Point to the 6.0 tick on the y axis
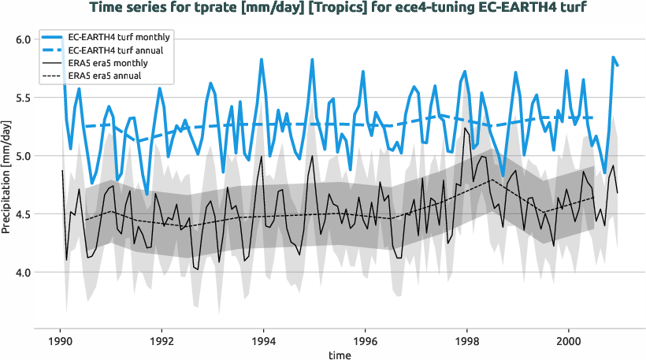pyautogui.click(x=23, y=39)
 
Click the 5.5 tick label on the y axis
pyautogui.click(x=23, y=98)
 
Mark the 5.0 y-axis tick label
pyautogui.click(x=23, y=156)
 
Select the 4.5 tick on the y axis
pyautogui.click(x=23, y=214)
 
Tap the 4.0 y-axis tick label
pyautogui.click(x=23, y=273)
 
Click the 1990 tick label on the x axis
pyautogui.click(x=60, y=343)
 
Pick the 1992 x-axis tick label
pyautogui.click(x=161, y=343)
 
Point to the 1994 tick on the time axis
pyautogui.click(x=263, y=343)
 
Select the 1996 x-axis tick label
pyautogui.click(x=365, y=343)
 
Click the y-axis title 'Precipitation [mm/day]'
pyautogui.click(x=7, y=180)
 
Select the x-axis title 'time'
pyautogui.click(x=340, y=355)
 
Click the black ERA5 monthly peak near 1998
pyautogui.click(x=466, y=128)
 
